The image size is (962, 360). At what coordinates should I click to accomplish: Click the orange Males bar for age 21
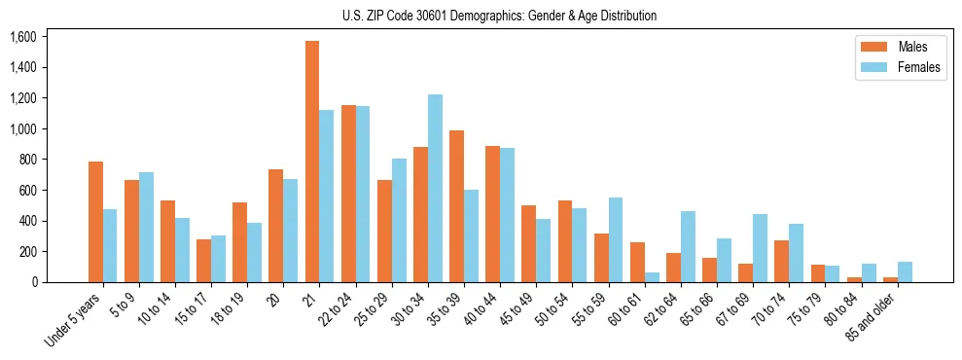[312, 162]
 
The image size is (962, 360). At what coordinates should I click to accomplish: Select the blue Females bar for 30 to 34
[435, 189]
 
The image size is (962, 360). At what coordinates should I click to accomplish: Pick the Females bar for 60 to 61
[652, 277]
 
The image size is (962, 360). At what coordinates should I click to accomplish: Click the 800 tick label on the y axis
[26, 160]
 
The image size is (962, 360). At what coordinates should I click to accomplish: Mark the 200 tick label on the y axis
[26, 252]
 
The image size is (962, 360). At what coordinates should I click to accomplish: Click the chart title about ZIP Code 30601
[499, 16]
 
